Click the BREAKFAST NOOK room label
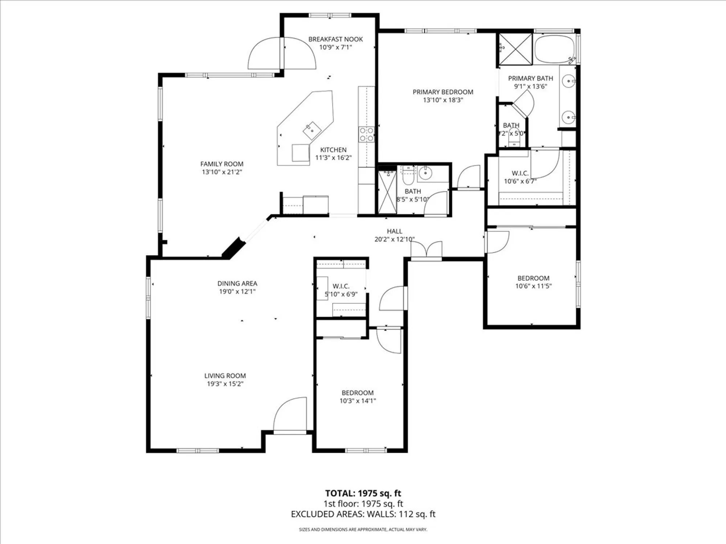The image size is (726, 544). pos(335,39)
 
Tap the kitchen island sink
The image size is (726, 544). pos(312,131)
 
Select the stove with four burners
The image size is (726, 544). pos(366,134)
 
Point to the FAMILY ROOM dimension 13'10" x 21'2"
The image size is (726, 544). pos(222,172)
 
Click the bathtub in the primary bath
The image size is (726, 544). pos(554,49)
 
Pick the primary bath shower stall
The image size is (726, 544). pos(515,49)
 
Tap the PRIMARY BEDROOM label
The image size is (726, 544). pos(443,92)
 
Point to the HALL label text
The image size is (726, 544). pos(394,231)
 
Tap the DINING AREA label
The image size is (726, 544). pos(237,283)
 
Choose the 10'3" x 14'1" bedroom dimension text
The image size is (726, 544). pos(358,401)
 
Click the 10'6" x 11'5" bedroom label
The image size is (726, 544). pos(533,278)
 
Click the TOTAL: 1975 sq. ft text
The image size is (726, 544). pos(363,493)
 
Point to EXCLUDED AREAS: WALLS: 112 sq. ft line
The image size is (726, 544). pos(363,514)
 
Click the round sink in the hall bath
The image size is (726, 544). pos(424,174)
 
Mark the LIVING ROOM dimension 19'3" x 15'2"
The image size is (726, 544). pos(225,384)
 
